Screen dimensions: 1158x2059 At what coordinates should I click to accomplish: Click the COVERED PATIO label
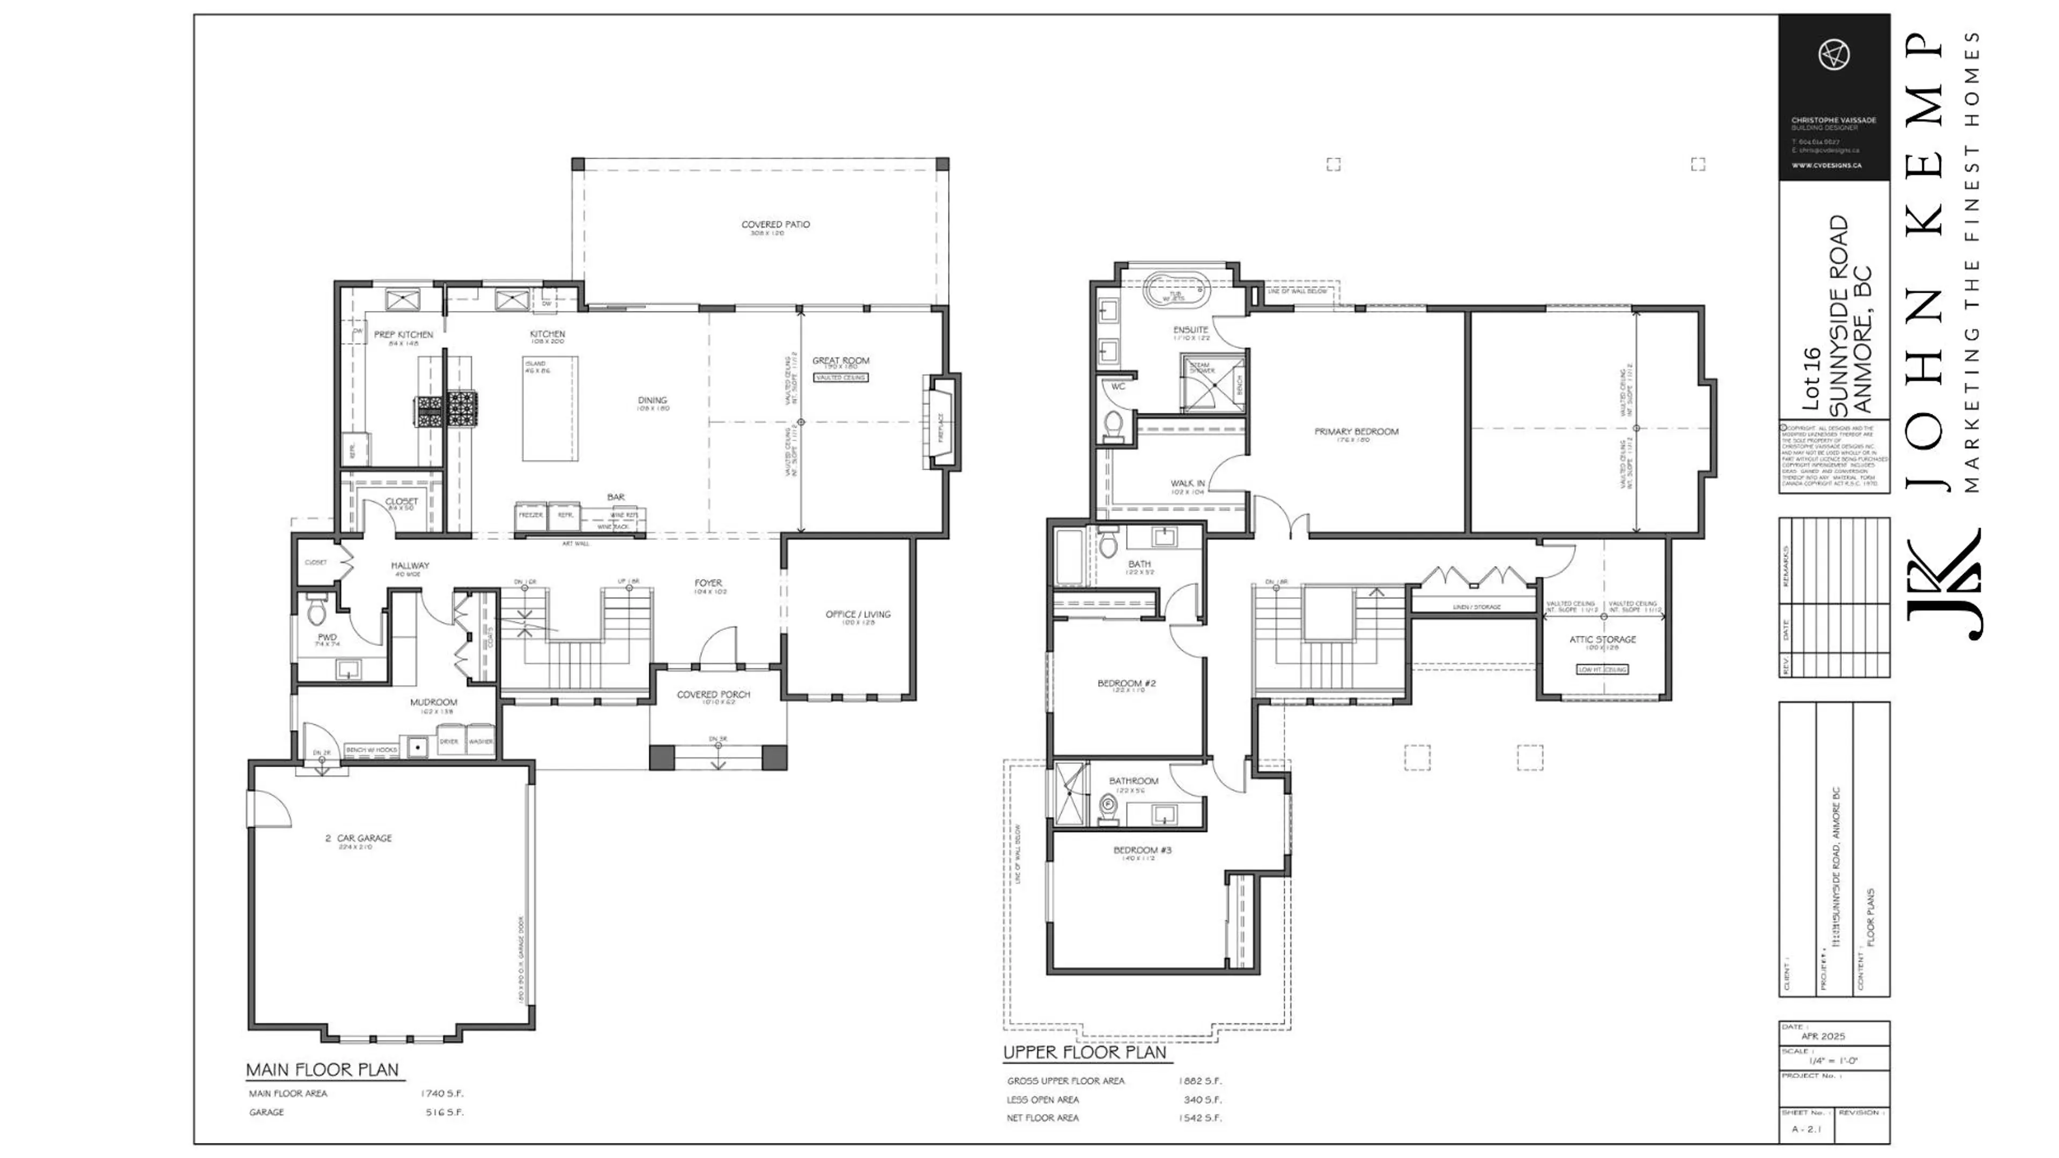(774, 225)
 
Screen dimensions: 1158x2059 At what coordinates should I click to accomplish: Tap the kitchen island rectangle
(550, 409)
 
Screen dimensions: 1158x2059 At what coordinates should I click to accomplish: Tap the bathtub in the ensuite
(1176, 290)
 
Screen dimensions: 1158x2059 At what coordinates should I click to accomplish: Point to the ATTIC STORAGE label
(1602, 640)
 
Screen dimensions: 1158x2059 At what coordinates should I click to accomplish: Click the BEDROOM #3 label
(1142, 850)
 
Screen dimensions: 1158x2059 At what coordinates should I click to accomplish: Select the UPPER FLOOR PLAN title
(1084, 1052)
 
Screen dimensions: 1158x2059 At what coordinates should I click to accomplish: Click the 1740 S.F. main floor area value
(441, 1093)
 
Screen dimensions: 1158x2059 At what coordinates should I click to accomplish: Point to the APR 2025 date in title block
(1823, 1036)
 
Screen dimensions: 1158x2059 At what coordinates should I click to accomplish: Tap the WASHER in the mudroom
(480, 741)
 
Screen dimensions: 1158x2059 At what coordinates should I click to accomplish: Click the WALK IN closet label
(1187, 484)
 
